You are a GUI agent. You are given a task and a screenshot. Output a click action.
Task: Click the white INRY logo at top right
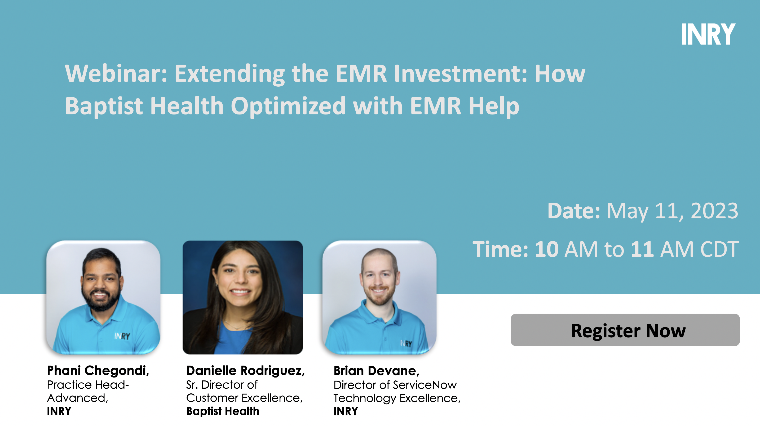pos(708,34)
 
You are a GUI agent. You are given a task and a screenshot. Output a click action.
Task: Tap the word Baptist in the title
pos(104,106)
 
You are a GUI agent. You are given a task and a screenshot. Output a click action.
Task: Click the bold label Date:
pos(573,211)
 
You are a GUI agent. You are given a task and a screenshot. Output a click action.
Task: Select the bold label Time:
pos(500,250)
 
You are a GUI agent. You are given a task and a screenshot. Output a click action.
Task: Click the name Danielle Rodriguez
pos(245,371)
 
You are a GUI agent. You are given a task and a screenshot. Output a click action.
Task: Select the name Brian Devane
pos(376,371)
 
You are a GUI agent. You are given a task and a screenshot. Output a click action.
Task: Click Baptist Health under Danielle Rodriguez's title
pos(222,411)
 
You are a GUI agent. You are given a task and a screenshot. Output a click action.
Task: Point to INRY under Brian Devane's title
pos(346,411)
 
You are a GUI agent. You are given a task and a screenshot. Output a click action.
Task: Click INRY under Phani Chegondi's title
pos(59,411)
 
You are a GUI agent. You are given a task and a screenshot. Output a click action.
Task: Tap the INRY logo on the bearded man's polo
pos(122,336)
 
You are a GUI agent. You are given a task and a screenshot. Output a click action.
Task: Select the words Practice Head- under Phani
pos(88,385)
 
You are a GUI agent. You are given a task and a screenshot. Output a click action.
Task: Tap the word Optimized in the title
pos(288,106)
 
